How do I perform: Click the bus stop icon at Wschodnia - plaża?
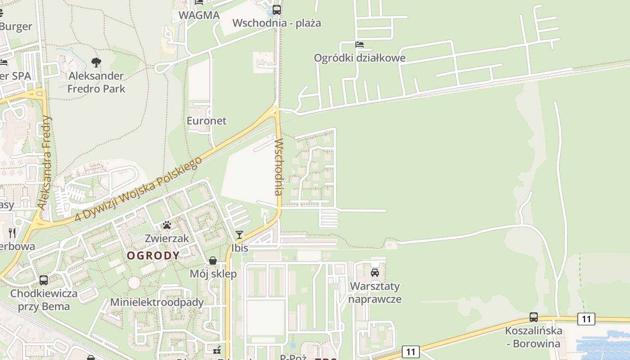[276, 9]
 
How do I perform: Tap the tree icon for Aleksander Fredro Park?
[96, 62]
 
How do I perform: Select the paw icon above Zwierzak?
[167, 225]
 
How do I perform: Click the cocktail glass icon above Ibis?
[239, 234]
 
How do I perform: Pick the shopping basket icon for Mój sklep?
[213, 261]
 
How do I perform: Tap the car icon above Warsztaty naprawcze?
[374, 272]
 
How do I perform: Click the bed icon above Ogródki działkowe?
[359, 44]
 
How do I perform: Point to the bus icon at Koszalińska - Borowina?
[533, 317]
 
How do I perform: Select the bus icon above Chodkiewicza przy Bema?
[44, 280]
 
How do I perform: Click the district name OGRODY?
[153, 256]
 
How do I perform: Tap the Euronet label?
[207, 121]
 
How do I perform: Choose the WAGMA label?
[199, 15]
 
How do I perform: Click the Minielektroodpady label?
[157, 302]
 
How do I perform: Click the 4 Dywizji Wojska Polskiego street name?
[136, 190]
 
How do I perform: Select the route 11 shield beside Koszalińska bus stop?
[586, 319]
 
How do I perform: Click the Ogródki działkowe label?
[360, 58]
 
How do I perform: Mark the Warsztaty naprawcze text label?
[375, 292]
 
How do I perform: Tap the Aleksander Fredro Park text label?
[96, 82]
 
